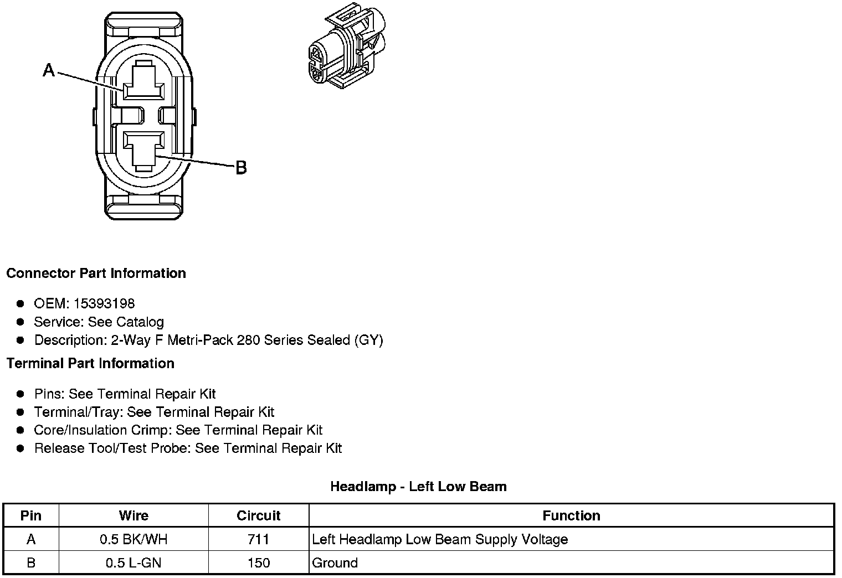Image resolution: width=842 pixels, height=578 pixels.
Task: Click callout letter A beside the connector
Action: (49, 70)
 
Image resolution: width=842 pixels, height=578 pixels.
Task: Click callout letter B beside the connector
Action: (241, 167)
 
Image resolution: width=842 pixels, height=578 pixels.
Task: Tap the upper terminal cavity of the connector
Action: (143, 84)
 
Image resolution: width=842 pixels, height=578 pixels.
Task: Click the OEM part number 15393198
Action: (104, 303)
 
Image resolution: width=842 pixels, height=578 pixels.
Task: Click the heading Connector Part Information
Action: (96, 273)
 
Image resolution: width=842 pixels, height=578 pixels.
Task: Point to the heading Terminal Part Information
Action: (90, 363)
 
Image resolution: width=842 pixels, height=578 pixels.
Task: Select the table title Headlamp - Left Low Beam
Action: (418, 487)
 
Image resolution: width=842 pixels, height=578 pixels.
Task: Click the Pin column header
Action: (31, 515)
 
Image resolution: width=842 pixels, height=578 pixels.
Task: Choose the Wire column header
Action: (134, 515)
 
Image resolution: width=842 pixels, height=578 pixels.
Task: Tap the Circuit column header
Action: (259, 515)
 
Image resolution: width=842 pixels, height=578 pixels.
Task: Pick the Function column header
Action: (571, 515)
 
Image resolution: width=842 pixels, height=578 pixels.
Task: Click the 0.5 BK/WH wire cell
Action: (134, 539)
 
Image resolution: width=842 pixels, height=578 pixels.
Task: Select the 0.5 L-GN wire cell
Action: (134, 563)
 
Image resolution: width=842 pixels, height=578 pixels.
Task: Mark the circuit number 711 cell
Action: (259, 539)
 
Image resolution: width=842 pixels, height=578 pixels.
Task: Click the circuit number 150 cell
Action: (259, 563)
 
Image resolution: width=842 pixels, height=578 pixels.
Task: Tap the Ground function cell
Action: (335, 563)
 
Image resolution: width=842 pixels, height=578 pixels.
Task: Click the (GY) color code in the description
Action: (368, 340)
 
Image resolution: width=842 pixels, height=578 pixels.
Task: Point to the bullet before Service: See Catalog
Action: (20, 322)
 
